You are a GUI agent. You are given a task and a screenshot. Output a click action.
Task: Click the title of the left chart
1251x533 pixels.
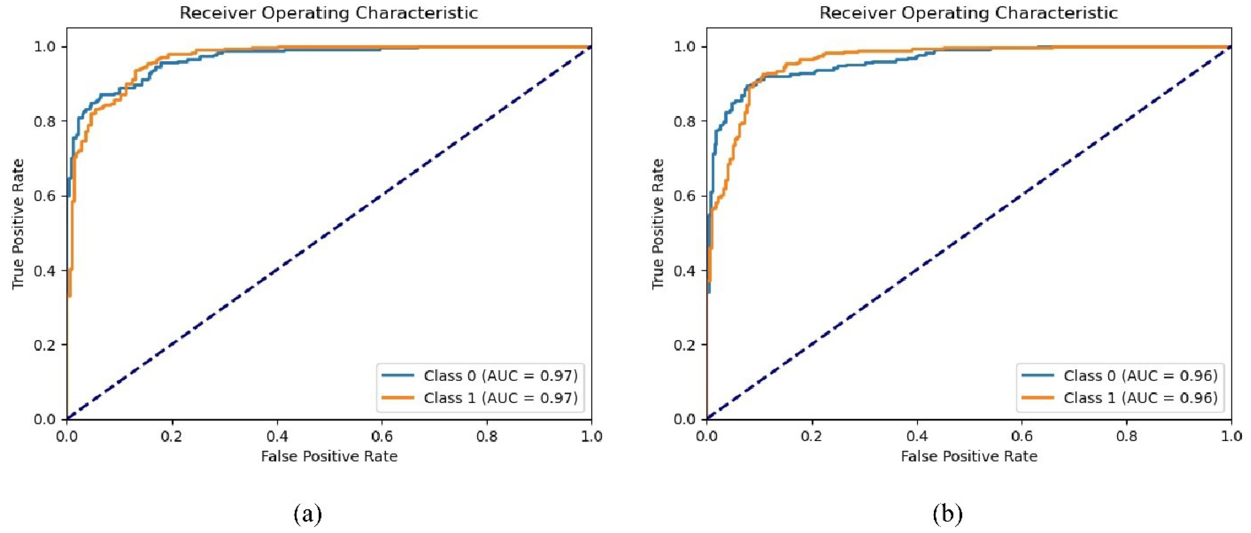329,13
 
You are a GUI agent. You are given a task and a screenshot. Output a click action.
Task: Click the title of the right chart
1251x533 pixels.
968,13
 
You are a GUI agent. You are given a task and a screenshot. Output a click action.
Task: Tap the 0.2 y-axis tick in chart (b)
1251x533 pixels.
684,345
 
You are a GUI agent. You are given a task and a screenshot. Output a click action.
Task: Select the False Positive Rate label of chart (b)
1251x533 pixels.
969,456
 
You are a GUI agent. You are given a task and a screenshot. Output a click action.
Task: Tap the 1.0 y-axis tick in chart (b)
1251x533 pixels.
684,47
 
